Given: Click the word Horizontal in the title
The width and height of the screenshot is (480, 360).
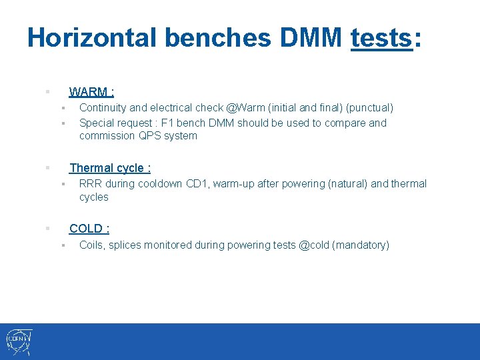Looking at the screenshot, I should (x=91, y=38).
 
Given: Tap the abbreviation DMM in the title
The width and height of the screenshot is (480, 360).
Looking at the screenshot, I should (x=311, y=38).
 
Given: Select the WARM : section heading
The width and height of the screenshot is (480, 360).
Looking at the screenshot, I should (x=91, y=91).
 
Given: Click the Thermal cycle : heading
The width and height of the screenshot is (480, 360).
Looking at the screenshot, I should (x=110, y=168).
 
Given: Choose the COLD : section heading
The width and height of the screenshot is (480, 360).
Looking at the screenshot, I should (x=89, y=229).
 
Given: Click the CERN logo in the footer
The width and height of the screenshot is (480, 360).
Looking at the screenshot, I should (x=19, y=342).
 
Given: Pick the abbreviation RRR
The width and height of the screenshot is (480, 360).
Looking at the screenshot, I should (x=91, y=184).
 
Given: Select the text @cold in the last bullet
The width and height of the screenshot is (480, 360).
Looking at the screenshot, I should (x=313, y=245).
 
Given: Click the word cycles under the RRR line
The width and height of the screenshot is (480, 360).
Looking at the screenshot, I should (x=93, y=197).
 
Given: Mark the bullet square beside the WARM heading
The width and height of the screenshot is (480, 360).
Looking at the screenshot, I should (x=47, y=91).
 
